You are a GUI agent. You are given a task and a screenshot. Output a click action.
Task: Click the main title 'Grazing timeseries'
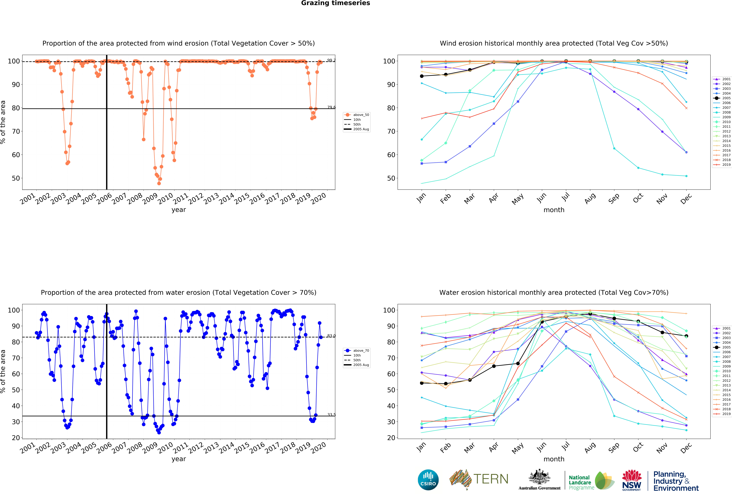335,3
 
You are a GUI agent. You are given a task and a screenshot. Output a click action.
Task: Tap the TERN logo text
491,479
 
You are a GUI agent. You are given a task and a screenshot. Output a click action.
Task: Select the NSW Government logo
631,480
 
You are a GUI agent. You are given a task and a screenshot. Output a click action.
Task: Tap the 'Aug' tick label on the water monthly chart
590,447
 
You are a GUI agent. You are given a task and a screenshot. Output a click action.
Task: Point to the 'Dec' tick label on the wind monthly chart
686,198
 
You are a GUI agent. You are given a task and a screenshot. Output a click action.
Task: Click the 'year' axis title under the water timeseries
179,459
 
